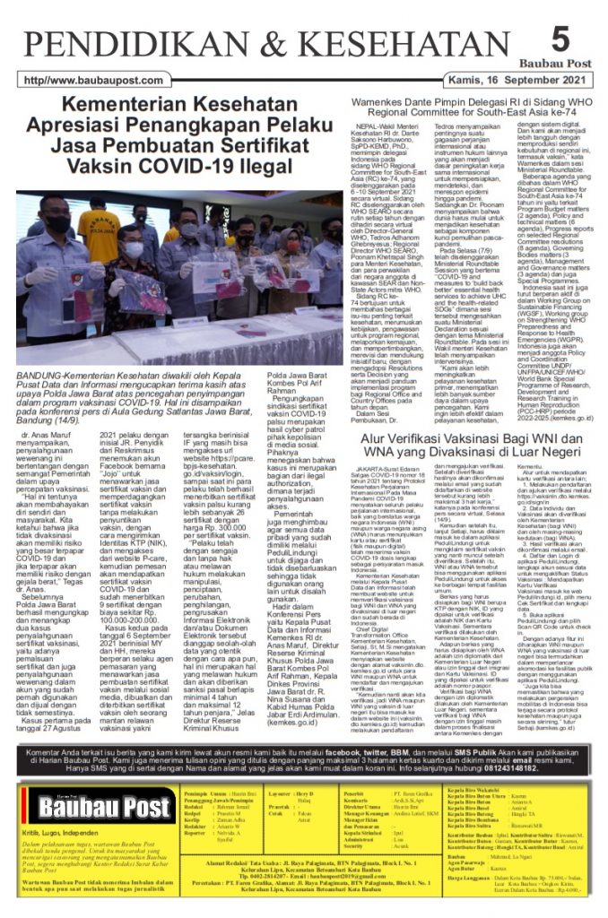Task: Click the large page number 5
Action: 560,40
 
